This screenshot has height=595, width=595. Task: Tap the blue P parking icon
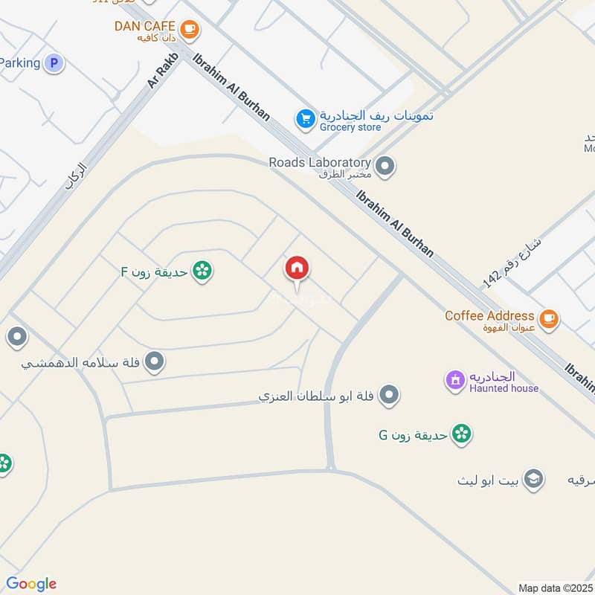[x=53, y=63]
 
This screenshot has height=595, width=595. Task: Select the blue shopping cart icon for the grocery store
[x=305, y=118]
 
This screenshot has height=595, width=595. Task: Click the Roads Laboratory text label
[x=319, y=162]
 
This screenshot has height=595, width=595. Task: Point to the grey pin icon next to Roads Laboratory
[x=385, y=167]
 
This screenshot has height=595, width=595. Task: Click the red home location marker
[x=297, y=269]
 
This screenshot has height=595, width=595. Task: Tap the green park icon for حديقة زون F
[x=201, y=271]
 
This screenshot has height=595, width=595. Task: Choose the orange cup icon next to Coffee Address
[x=549, y=318]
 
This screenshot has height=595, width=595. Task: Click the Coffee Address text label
[x=489, y=315]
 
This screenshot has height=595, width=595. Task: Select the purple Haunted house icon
[x=454, y=380]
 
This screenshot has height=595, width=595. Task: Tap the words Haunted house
[x=504, y=388]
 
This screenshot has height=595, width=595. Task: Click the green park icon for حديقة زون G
[x=462, y=434]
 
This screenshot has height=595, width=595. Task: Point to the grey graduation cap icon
[x=533, y=479]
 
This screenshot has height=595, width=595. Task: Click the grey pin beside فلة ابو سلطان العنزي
[x=387, y=396]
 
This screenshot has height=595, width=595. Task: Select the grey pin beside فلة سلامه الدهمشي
[x=155, y=362]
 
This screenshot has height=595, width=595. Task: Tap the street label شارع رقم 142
[x=512, y=259]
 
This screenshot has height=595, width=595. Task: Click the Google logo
[x=31, y=584]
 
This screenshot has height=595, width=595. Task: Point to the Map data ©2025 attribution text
[x=555, y=588]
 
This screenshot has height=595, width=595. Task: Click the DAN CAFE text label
[x=144, y=26]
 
